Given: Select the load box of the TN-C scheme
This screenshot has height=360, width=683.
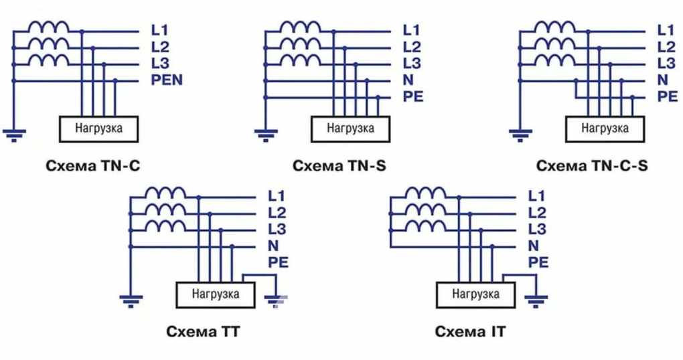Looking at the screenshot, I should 98,128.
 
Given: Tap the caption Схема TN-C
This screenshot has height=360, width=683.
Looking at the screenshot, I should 94,165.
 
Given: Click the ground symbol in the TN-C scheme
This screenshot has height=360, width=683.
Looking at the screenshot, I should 13,136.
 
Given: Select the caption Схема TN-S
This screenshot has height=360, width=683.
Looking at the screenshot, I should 339,165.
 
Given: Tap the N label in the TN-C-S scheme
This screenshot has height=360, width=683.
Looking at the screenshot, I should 663,80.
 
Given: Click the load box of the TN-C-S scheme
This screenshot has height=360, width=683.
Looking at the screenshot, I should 605,128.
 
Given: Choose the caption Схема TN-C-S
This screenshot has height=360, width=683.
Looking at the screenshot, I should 592,165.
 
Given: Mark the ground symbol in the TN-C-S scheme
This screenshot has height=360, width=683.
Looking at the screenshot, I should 520,136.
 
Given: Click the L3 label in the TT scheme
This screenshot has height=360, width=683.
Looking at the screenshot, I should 277,230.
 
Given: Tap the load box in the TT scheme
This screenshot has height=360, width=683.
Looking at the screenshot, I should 215,293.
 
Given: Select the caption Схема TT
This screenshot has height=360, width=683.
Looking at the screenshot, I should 202,331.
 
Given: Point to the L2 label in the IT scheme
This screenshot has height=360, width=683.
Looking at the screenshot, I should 537,213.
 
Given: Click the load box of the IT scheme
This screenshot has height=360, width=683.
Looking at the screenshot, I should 475,293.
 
